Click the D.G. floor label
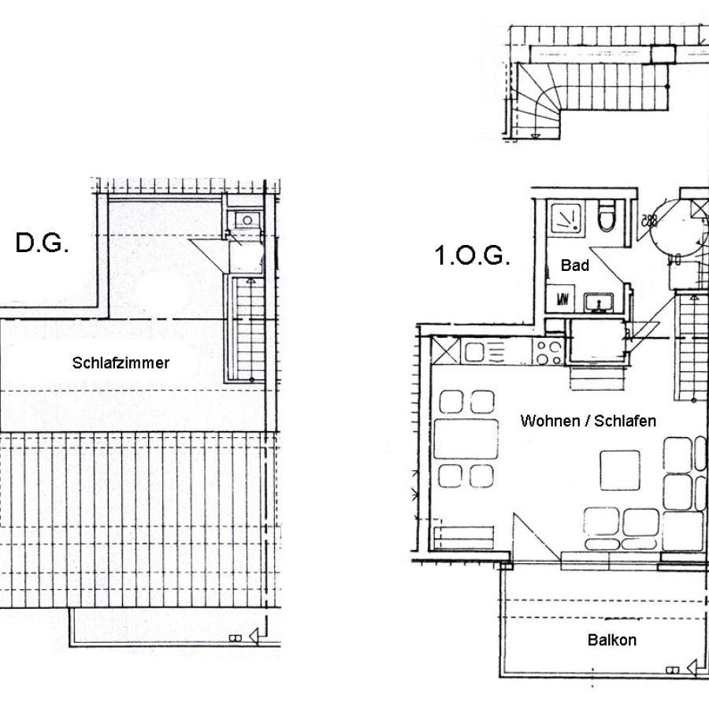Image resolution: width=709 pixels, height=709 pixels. point(42,243)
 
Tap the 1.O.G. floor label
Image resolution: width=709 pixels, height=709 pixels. point(472,255)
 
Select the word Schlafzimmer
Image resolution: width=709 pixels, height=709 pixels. point(121,362)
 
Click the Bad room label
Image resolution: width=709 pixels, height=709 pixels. point(575,265)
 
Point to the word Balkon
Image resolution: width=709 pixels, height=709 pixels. point(612,640)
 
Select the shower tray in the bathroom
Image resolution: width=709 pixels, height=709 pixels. point(566,217)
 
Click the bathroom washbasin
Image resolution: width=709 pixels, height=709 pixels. point(599,303)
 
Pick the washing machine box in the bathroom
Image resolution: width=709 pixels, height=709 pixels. point(561,299)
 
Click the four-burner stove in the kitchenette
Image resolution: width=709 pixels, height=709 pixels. point(548,353)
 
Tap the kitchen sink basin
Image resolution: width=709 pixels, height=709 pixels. point(475,352)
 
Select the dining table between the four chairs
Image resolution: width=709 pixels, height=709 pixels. point(466,439)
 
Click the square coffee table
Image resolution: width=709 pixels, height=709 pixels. point(620,470)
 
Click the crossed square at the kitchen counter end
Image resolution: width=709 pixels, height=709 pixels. point(446,350)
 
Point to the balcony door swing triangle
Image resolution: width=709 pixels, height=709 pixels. point(535,538)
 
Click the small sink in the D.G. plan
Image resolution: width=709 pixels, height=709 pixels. point(247,221)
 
